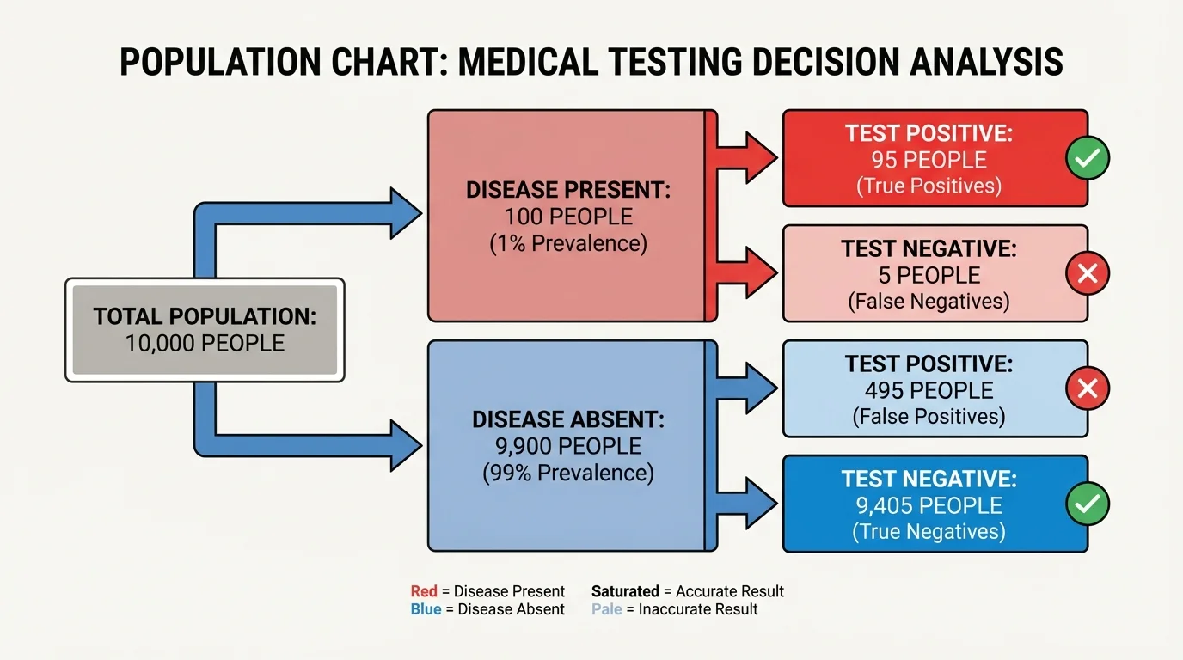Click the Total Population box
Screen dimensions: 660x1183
pyautogui.click(x=205, y=330)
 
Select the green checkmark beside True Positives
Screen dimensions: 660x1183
pyautogui.click(x=1088, y=158)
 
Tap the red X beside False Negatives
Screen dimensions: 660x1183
pyautogui.click(x=1088, y=274)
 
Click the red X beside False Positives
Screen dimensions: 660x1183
pyautogui.click(x=1088, y=389)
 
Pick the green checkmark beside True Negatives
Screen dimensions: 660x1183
pyautogui.click(x=1088, y=504)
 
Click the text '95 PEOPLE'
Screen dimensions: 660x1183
pyautogui.click(x=929, y=160)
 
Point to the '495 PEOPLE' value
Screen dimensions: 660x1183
pyautogui.click(x=929, y=390)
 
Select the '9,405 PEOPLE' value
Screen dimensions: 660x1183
pyautogui.click(x=929, y=505)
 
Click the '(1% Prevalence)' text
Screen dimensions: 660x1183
pyautogui.click(x=568, y=243)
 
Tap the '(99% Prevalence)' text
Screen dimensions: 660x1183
pyautogui.click(x=568, y=473)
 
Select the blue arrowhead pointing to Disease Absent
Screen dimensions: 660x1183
pyautogui.click(x=404, y=445)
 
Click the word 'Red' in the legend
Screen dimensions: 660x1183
pyautogui.click(x=424, y=591)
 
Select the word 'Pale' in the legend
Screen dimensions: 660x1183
pyautogui.click(x=605, y=609)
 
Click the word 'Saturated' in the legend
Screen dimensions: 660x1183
pyautogui.click(x=624, y=591)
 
